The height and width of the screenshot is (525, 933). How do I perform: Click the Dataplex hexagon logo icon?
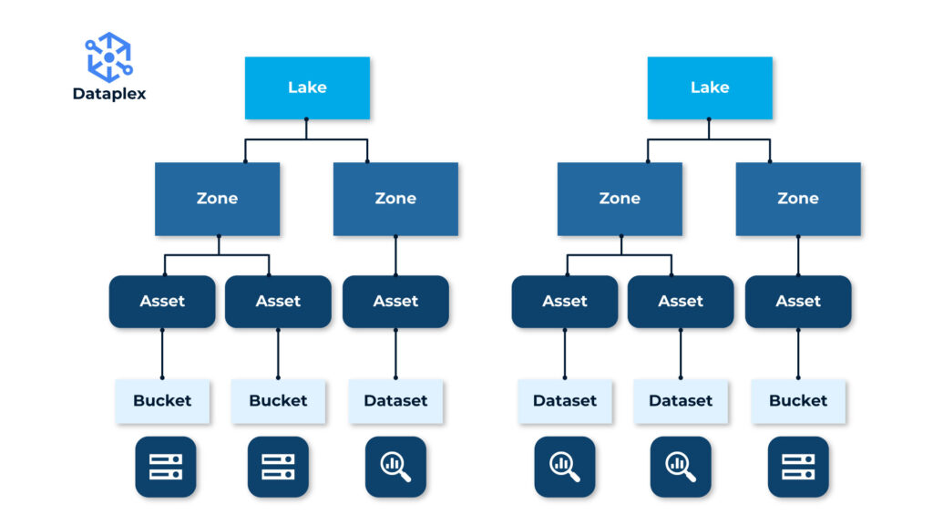click(x=108, y=57)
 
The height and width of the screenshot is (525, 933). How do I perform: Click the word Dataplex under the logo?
click(x=108, y=93)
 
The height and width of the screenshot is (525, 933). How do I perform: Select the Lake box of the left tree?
click(x=307, y=87)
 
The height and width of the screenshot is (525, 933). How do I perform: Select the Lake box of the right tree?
click(x=710, y=87)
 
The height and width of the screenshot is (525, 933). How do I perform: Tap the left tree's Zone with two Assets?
click(x=217, y=199)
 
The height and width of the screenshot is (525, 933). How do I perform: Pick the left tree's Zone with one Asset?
click(x=395, y=199)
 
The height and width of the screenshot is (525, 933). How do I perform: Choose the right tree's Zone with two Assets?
click(x=620, y=199)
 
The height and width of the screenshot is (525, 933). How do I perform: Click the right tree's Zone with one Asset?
click(x=798, y=199)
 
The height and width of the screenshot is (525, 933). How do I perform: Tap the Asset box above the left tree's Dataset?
click(x=395, y=302)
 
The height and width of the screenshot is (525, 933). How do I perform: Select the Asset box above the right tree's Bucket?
click(x=798, y=302)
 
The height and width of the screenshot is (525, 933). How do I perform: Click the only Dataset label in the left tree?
click(x=395, y=401)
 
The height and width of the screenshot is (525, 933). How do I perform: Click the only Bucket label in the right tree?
click(x=798, y=401)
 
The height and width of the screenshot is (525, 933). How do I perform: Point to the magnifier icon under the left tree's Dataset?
click(x=395, y=467)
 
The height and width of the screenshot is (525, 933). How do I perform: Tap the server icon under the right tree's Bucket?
click(x=798, y=467)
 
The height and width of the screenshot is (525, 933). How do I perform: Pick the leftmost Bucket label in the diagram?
click(x=162, y=401)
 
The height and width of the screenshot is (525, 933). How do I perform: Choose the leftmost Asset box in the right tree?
click(x=564, y=302)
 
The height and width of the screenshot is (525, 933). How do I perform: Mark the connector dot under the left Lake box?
click(x=307, y=119)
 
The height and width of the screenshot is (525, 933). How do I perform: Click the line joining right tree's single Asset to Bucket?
click(x=798, y=354)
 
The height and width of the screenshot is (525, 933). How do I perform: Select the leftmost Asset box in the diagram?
click(x=162, y=302)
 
